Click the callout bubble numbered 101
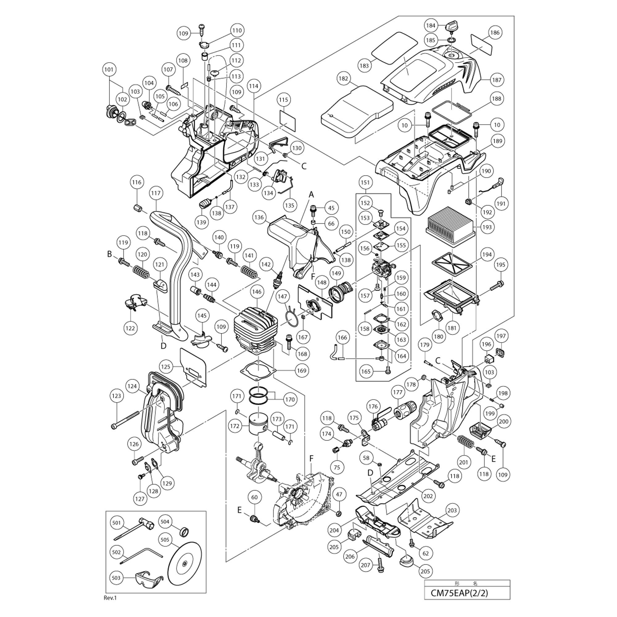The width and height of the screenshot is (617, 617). (109, 69)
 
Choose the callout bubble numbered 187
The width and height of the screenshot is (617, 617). (497, 80)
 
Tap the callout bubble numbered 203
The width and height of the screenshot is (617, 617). (452, 510)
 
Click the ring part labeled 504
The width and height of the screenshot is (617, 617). (185, 532)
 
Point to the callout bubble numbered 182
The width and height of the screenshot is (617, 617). (344, 79)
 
